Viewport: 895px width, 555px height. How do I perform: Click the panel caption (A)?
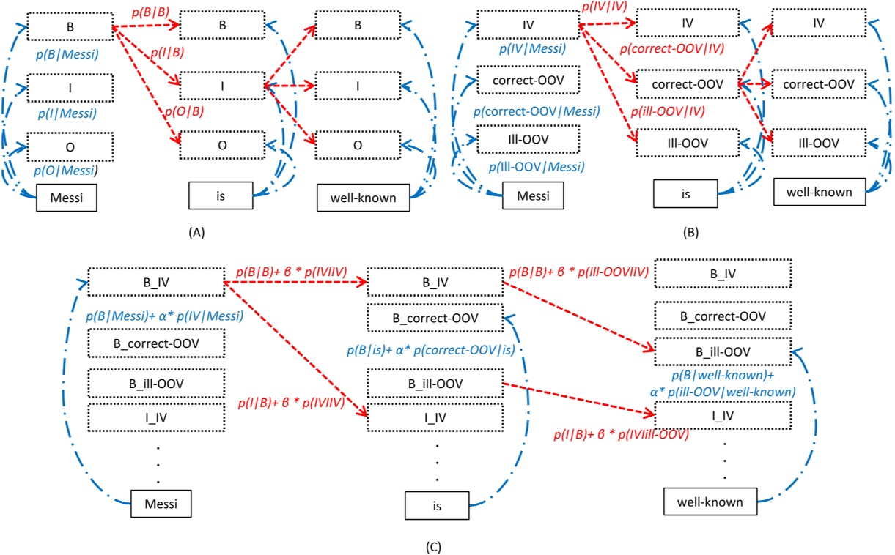(x=196, y=232)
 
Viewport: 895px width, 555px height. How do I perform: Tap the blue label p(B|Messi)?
(x=67, y=54)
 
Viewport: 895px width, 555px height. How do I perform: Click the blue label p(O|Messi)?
(x=67, y=171)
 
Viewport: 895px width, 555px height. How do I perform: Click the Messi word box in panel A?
(x=67, y=198)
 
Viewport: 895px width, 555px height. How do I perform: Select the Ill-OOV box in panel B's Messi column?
(x=528, y=139)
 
